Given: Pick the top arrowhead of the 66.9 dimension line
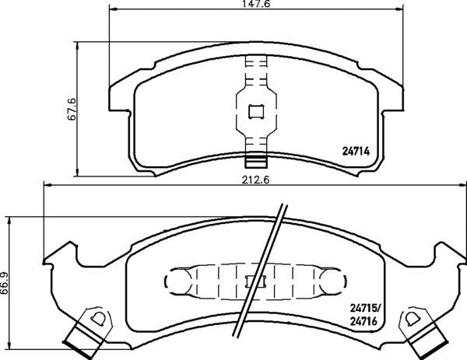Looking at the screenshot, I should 10,219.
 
